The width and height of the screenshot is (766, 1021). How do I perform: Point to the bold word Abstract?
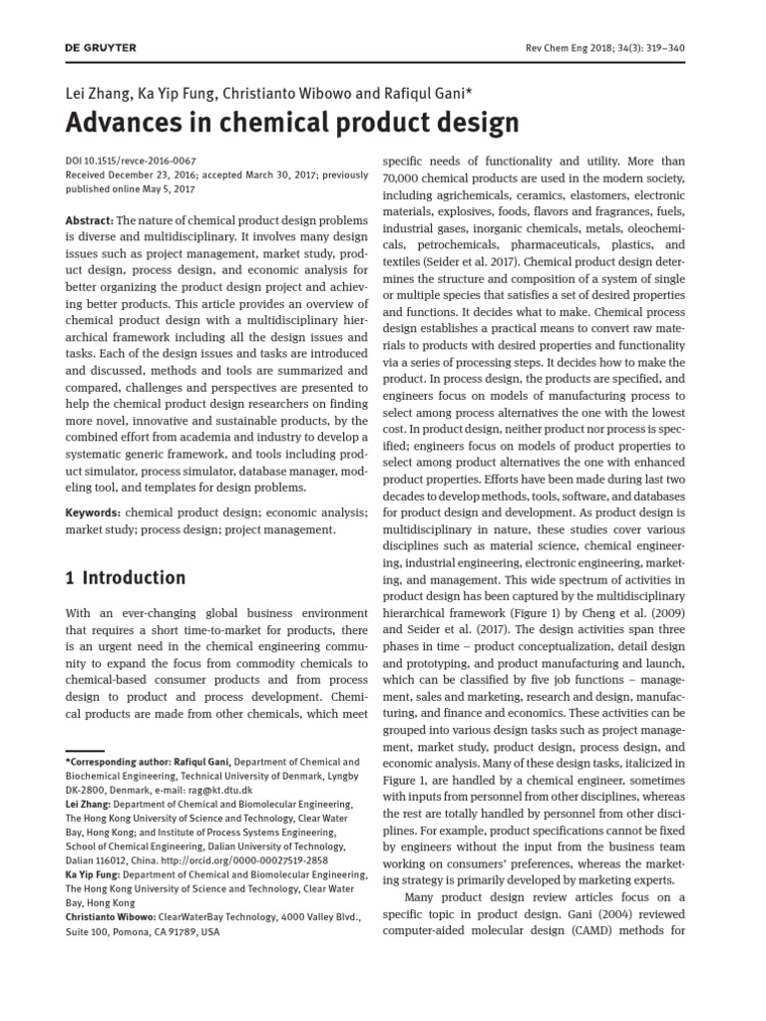click(89, 219)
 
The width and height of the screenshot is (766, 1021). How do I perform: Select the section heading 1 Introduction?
click(126, 577)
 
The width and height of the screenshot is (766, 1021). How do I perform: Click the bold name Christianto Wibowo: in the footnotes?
click(110, 916)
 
